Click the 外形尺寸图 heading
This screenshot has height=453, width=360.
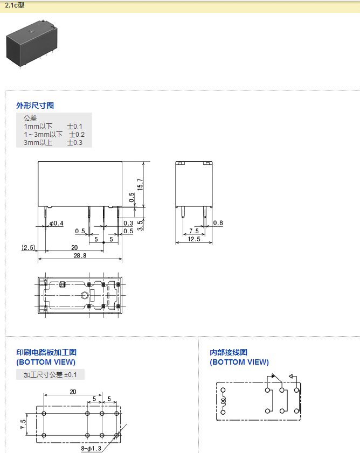35,106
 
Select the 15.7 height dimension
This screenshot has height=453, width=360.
140,184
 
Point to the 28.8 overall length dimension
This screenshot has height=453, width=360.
80,256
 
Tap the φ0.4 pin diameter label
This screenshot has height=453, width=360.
56,223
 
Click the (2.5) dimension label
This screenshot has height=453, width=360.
28,248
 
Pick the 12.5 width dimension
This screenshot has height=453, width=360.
192,239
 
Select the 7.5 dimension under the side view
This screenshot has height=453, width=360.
193,231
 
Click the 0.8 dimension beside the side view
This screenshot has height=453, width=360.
218,223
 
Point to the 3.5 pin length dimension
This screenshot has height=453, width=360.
140,225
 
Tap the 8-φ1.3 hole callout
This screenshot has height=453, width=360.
91,448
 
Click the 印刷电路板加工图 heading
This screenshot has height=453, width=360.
46,352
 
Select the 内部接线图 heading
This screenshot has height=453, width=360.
229,352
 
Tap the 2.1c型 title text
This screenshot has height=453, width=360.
15,6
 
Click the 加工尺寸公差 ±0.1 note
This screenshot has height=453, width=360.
50,375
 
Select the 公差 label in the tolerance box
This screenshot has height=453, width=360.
30,118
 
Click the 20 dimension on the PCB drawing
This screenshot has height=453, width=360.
73,392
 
